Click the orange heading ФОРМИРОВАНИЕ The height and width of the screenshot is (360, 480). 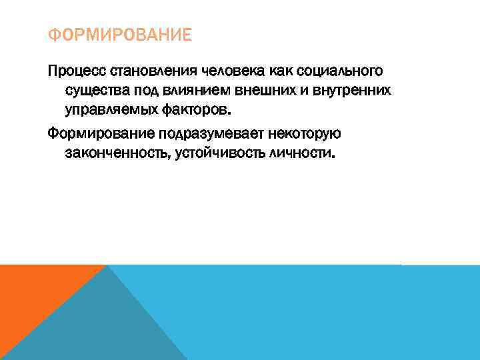tap(119, 34)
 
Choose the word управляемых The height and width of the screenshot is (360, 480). tap(110, 109)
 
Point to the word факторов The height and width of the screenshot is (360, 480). tap(196, 109)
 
